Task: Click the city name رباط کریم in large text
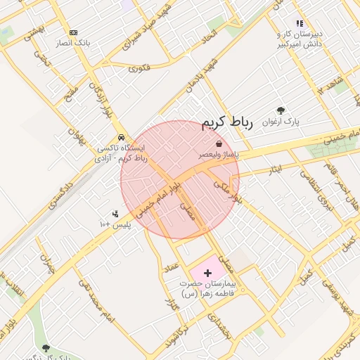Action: [226, 123]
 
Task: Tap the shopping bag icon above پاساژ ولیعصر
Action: [220, 143]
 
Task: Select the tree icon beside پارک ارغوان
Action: [281, 110]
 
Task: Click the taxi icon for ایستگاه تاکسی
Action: [122, 137]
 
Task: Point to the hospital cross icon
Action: [207, 271]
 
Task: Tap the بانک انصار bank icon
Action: [73, 32]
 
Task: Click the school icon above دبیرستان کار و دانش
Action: [300, 23]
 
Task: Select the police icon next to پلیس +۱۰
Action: [115, 214]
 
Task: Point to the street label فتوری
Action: [139, 68]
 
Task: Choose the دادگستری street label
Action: [61, 195]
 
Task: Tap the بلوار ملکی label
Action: [226, 192]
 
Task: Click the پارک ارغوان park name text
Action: [281, 122]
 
